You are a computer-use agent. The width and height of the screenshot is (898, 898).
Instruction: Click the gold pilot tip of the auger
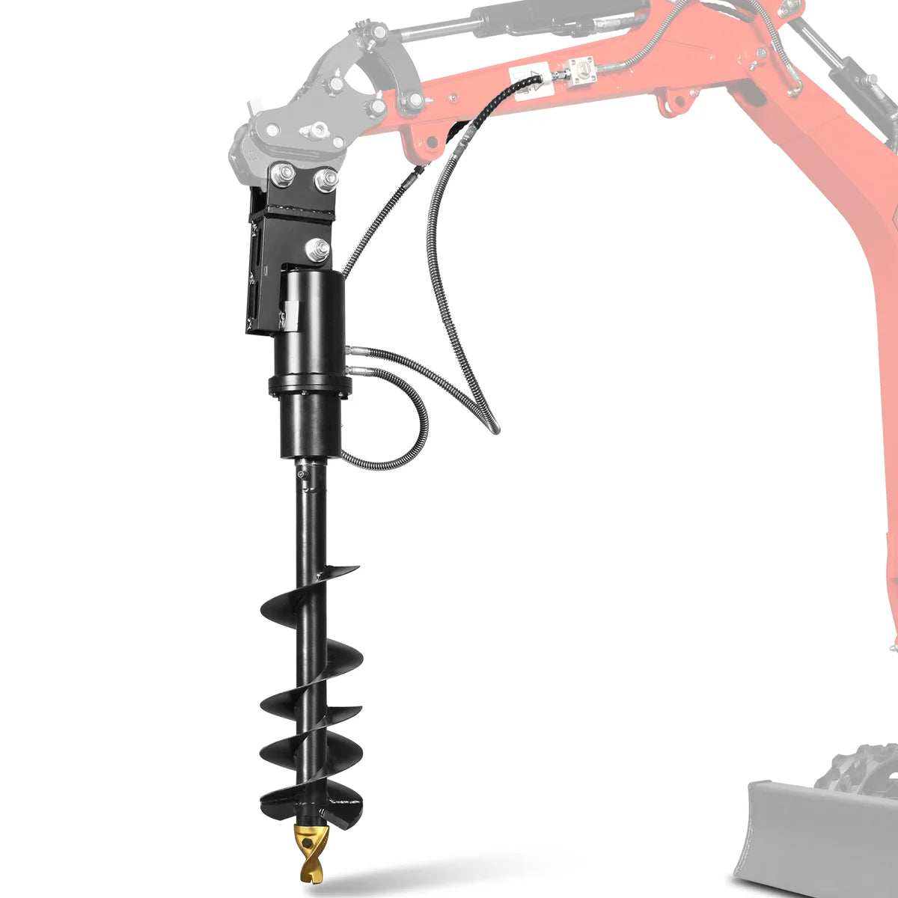315,853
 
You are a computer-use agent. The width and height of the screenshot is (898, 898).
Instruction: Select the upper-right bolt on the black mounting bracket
326,179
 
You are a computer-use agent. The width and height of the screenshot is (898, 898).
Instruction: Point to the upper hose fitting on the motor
354,349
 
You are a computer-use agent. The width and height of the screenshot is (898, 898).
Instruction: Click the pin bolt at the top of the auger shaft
302,474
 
